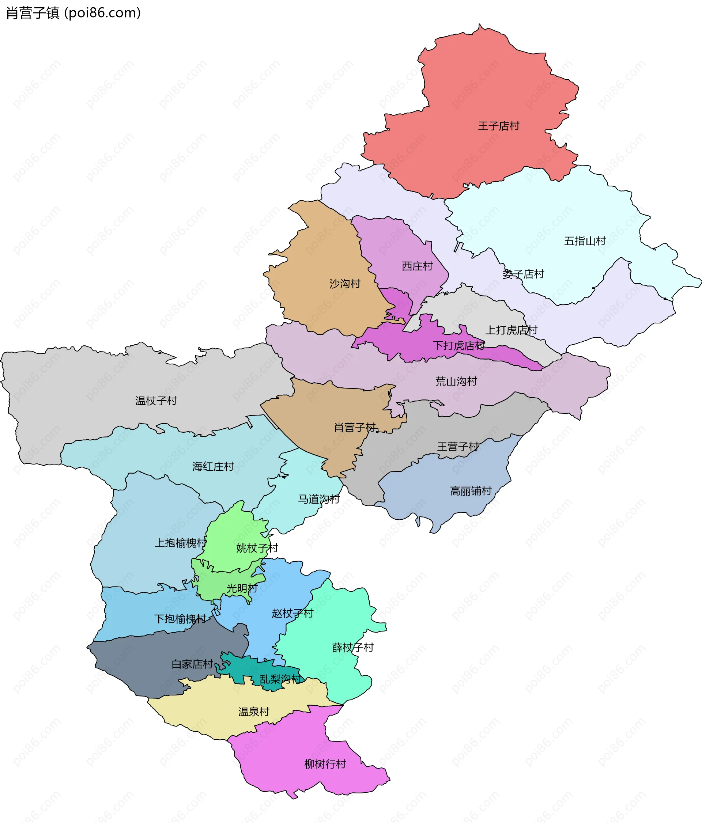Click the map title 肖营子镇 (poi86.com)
[73, 13]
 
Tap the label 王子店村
[498, 126]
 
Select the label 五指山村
[584, 241]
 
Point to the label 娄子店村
[522, 274]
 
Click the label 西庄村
[417, 266]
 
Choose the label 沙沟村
[344, 283]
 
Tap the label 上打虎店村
[511, 330]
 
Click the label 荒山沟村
[456, 381]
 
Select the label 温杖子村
[156, 401]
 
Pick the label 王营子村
[458, 447]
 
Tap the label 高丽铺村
[471, 491]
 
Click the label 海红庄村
[212, 466]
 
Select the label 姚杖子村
[257, 548]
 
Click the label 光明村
[242, 588]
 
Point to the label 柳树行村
[325, 764]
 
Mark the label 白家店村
[192, 664]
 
